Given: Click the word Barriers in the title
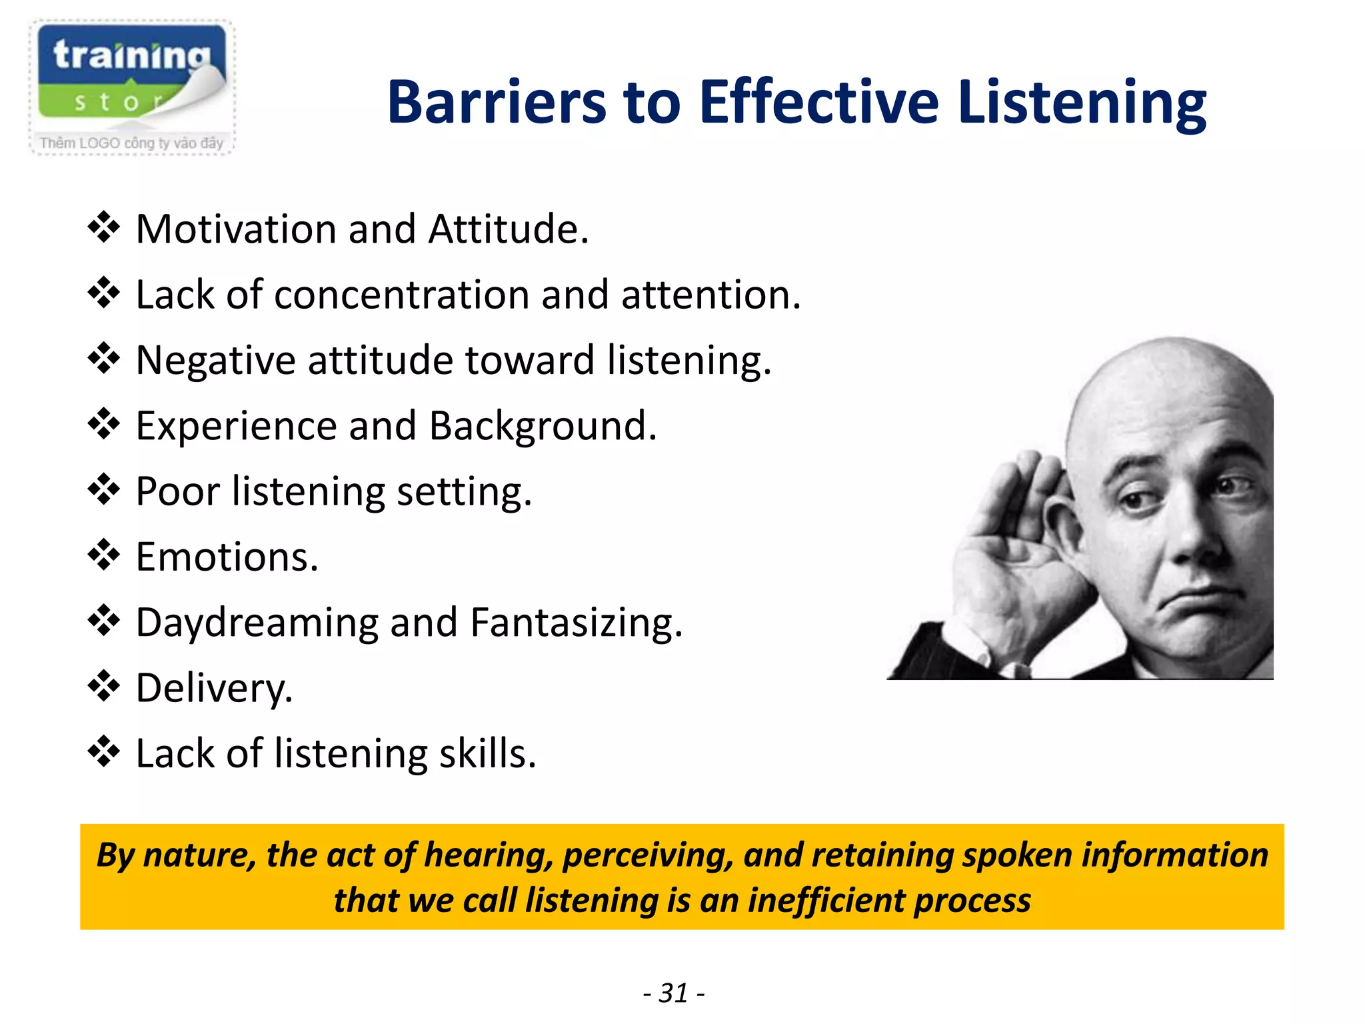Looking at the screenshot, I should (496, 103).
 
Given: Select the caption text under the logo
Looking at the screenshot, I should (131, 143).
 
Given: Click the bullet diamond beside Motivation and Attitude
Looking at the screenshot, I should (103, 228).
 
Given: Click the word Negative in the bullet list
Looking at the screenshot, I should (215, 361).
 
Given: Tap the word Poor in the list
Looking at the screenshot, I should (177, 491).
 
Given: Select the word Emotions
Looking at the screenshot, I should (227, 557).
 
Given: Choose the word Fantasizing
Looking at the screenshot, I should (576, 623).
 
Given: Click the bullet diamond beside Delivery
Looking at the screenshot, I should (103, 687).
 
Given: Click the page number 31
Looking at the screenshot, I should (673, 993).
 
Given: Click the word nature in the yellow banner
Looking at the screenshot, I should (199, 855).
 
